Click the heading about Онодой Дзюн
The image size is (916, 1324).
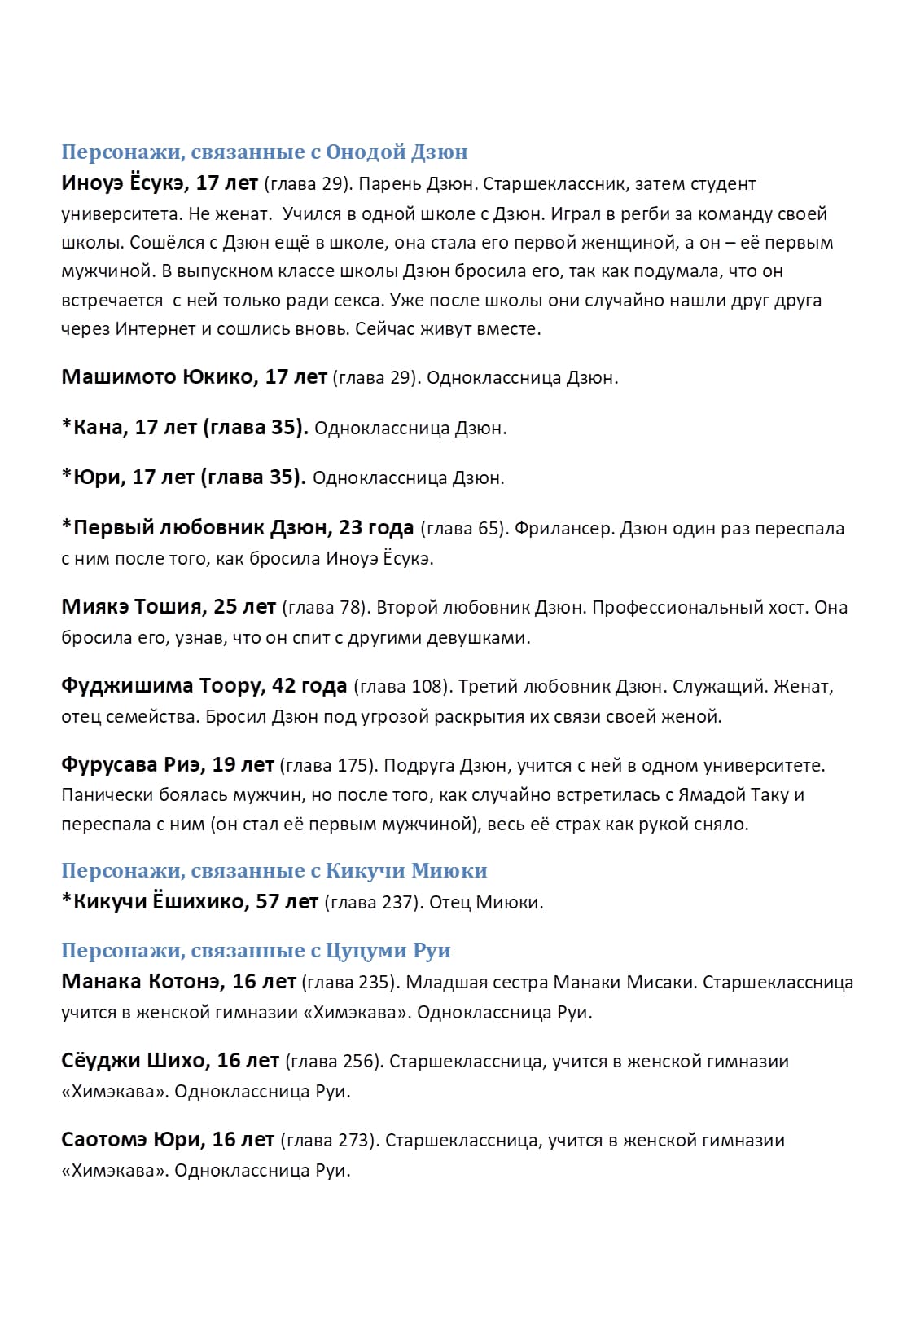264,152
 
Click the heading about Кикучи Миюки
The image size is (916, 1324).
274,871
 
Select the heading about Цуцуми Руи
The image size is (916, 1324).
256,951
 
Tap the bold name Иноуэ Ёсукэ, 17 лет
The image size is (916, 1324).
160,184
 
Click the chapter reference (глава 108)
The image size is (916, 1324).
402,687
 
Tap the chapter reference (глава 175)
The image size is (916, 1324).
328,766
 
